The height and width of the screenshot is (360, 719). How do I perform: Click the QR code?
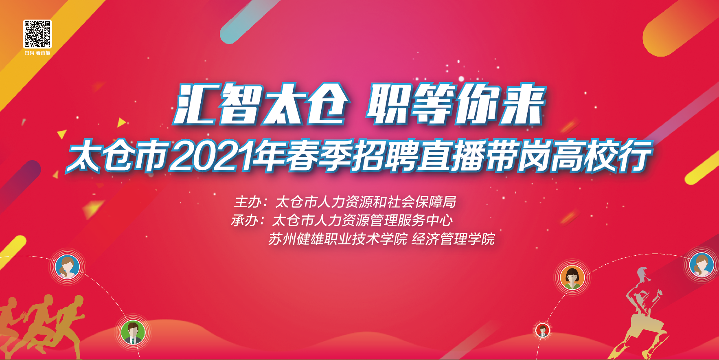click(x=37, y=34)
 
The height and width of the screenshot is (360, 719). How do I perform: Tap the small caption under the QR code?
click(x=37, y=53)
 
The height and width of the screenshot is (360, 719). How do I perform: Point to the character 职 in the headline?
click(x=389, y=104)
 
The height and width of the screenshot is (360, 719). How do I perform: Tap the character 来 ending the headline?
click(x=522, y=104)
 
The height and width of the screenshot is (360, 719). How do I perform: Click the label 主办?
click(x=248, y=202)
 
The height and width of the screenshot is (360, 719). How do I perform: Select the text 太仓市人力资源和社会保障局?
click(x=366, y=202)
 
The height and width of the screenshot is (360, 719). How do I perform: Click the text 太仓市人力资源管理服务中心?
click(x=362, y=220)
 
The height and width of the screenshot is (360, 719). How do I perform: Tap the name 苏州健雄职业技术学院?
click(x=338, y=239)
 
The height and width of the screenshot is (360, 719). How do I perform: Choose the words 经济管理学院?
click(x=453, y=239)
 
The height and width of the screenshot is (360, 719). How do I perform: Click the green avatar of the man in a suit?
click(x=133, y=332)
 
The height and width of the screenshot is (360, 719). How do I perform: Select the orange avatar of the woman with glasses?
click(x=572, y=277)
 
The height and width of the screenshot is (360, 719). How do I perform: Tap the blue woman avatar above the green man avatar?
click(x=67, y=267)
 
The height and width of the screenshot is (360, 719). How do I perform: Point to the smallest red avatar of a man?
click(x=542, y=330)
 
